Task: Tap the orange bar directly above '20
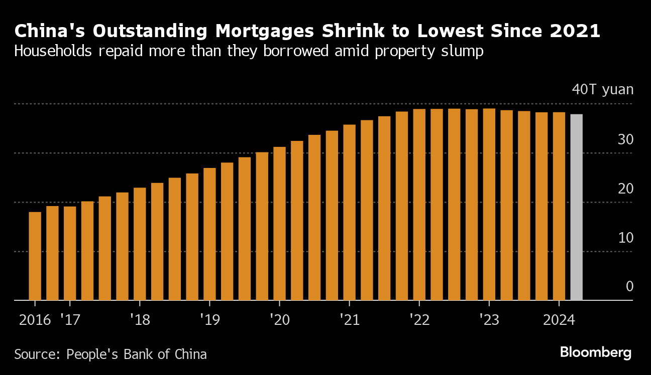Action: tap(279, 224)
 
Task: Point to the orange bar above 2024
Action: tap(559, 206)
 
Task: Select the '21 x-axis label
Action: tap(349, 320)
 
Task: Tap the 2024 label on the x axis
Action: tap(559, 320)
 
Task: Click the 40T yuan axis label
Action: tap(602, 90)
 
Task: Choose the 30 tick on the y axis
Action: tap(625, 140)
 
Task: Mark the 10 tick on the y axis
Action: tap(625, 238)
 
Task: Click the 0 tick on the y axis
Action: tap(629, 287)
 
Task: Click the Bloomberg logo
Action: tap(595, 352)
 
